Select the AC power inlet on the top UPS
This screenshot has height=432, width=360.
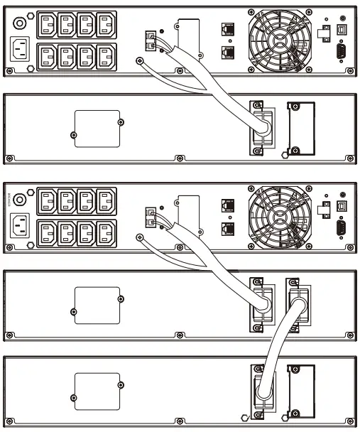tap(21, 51)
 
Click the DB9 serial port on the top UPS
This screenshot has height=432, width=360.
tap(342, 51)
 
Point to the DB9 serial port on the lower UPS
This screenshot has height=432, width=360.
tap(342, 228)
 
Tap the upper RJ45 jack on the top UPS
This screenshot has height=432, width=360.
tap(228, 29)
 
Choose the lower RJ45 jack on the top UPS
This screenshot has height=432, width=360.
tap(228, 52)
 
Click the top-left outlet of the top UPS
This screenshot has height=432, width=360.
tap(48, 22)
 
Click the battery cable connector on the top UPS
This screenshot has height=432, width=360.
tap(151, 42)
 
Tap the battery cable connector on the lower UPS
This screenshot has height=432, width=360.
tap(151, 218)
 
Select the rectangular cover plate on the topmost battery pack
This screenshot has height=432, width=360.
tap(98, 128)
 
